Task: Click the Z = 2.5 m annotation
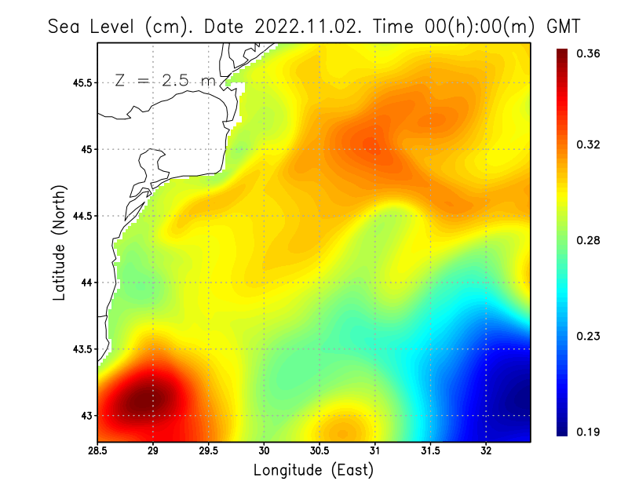(164, 81)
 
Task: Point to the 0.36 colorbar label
(588, 53)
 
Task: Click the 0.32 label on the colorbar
(588, 144)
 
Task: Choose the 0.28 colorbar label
(588, 240)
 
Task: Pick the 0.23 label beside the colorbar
(588, 336)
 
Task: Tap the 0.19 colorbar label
(588, 432)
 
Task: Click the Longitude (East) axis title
(313, 469)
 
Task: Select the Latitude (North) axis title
(59, 242)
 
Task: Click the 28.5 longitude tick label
(98, 450)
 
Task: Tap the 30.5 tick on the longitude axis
(319, 450)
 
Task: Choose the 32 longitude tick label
(486, 450)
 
